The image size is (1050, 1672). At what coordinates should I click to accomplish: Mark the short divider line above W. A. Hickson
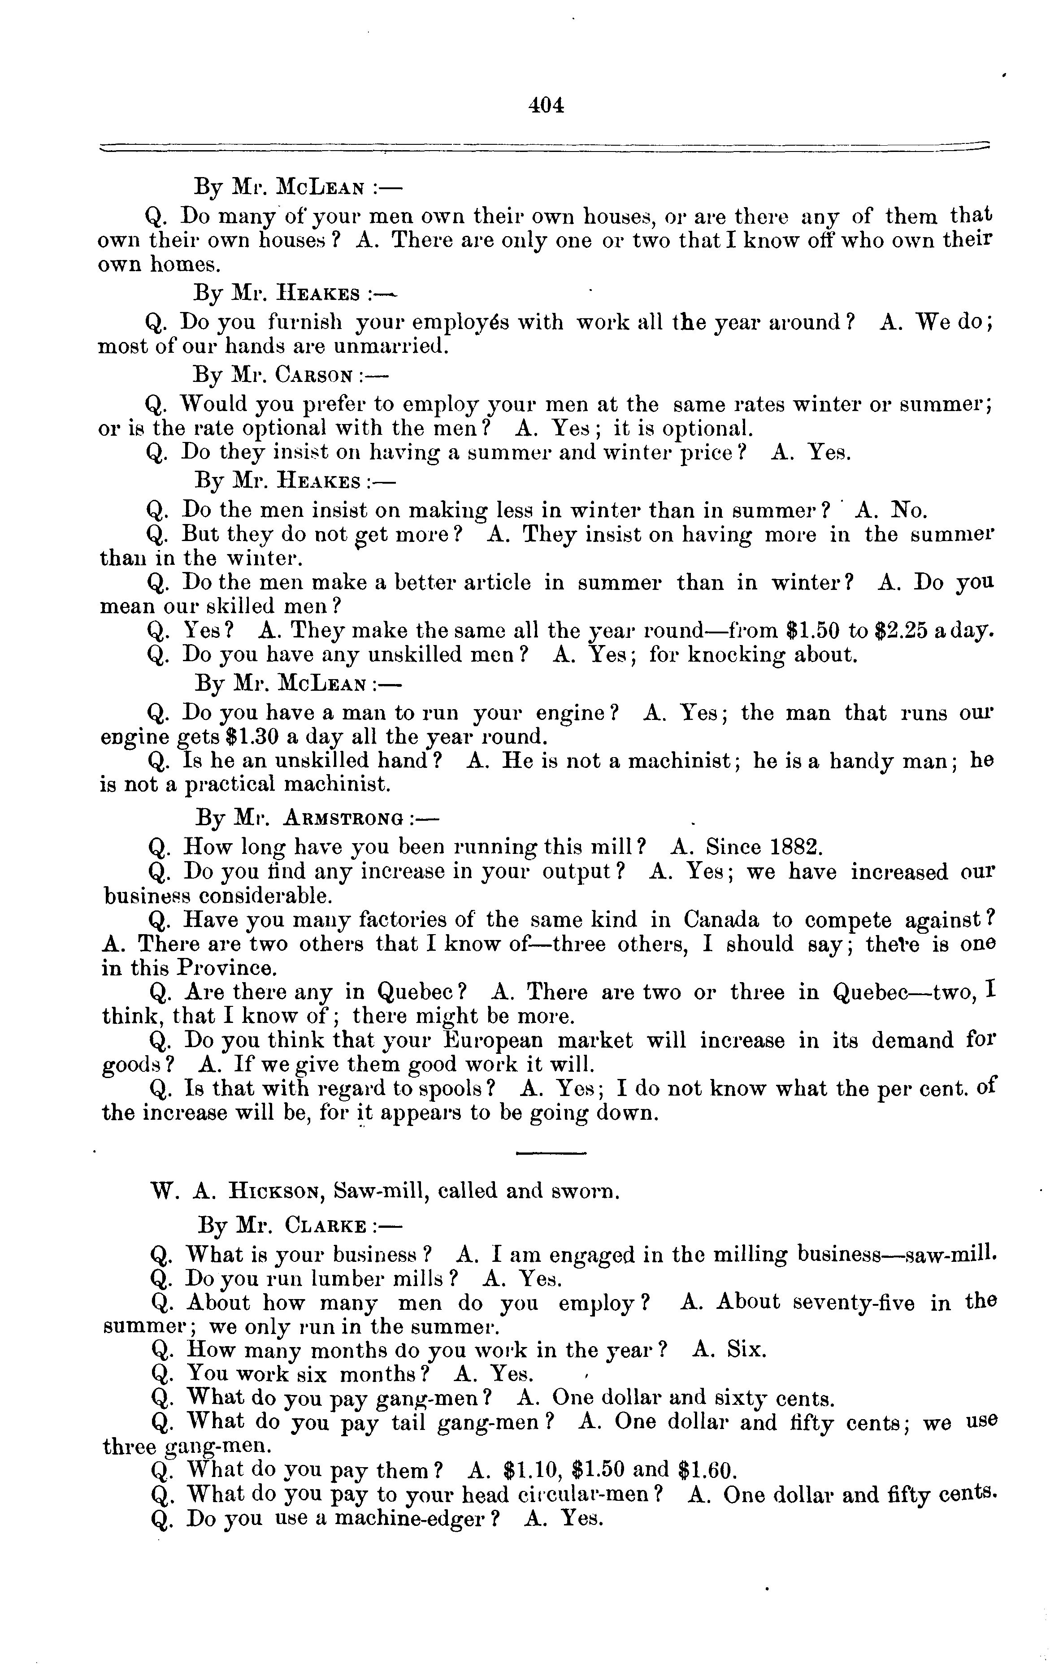click(551, 1153)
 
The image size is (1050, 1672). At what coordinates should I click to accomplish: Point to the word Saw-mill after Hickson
click(378, 1191)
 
